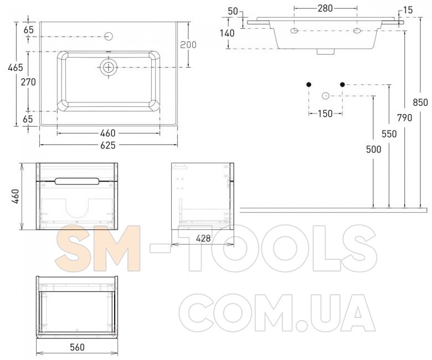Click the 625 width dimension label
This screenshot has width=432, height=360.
pyautogui.click(x=108, y=145)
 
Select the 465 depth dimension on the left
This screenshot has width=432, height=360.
pyautogui.click(x=16, y=67)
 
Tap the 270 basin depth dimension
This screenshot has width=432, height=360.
pyautogui.click(x=28, y=82)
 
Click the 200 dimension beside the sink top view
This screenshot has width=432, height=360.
pyautogui.click(x=188, y=44)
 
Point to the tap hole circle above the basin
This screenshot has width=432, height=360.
pyautogui.click(x=109, y=36)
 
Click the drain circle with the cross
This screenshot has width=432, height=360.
pyautogui.click(x=109, y=67)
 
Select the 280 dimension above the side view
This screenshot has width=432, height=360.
pyautogui.click(x=325, y=8)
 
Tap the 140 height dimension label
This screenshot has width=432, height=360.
pyautogui.click(x=227, y=33)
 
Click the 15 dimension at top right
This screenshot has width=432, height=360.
pyautogui.click(x=408, y=10)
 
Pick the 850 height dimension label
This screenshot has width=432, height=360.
pyautogui.click(x=420, y=102)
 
